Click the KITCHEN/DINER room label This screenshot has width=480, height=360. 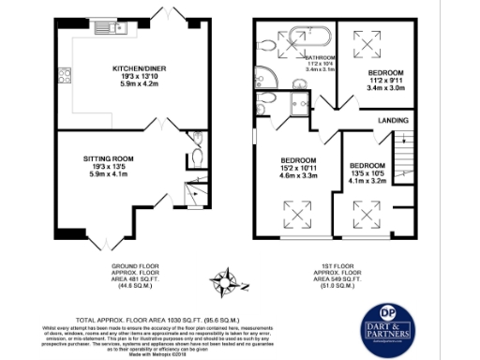click(140, 68)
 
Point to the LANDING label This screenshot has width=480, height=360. click(392, 121)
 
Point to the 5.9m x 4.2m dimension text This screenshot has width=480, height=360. click(140, 83)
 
